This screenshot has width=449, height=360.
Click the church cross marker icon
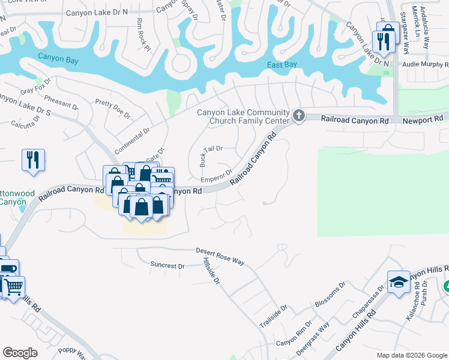point(299,114)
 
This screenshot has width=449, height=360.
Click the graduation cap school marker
point(399,282)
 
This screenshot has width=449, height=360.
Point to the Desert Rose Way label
point(220,256)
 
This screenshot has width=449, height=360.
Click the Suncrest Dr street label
point(167,265)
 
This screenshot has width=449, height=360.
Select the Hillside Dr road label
point(212,273)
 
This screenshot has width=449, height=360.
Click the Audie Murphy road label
point(425,64)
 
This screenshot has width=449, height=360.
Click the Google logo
point(20,353)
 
